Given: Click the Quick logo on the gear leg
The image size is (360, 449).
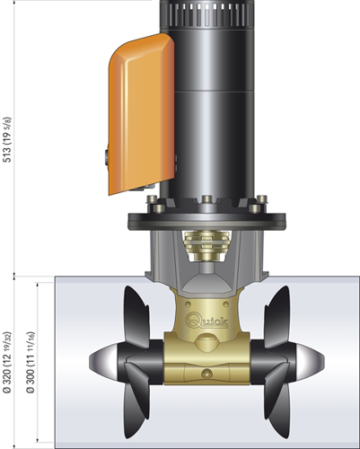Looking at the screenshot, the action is click(206, 321).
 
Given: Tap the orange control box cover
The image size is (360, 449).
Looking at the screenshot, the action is click(141, 114).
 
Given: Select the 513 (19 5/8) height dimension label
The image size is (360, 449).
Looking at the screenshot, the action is click(7, 140).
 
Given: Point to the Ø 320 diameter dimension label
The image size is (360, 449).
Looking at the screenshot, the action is click(7, 362).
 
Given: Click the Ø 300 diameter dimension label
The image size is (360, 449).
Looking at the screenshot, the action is click(31, 362).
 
